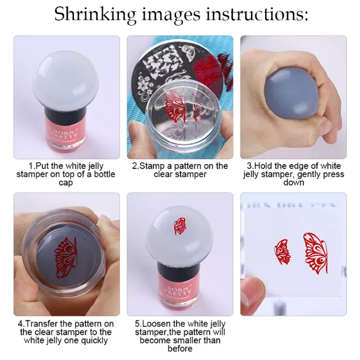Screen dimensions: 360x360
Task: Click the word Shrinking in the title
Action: tap(95, 14)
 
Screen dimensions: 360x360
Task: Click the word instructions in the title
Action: tap(256, 14)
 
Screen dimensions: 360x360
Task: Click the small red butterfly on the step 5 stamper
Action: tap(179, 226)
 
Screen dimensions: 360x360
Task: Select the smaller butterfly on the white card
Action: tap(282, 252)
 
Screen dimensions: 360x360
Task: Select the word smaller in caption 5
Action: tap(188, 340)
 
